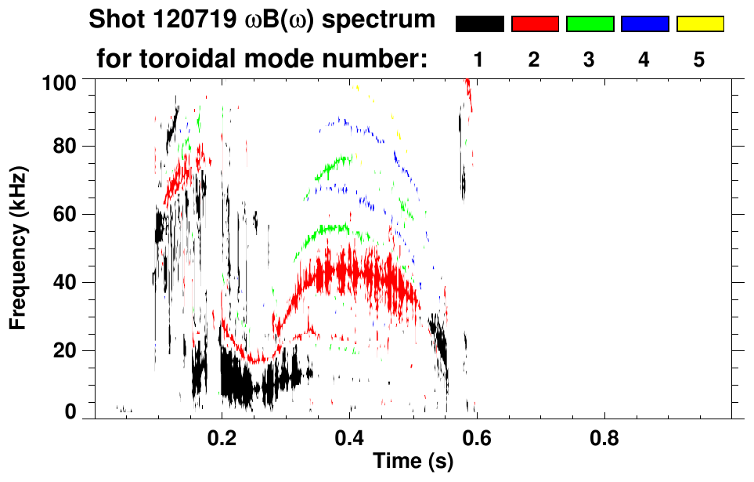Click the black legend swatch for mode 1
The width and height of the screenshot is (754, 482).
tap(479, 24)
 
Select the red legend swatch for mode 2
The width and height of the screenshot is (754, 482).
tap(535, 24)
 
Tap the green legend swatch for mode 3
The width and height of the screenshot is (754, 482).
tap(590, 24)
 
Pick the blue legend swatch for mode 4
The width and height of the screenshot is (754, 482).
tap(644, 24)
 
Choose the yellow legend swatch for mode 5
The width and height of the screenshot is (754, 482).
tap(700, 24)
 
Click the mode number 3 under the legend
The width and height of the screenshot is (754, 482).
tap(590, 60)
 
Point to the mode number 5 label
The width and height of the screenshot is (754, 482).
tap(700, 60)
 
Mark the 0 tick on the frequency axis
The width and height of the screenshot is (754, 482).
tap(70, 412)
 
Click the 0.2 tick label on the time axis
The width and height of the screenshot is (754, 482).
tap(222, 439)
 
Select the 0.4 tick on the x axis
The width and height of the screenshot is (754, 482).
tap(350, 439)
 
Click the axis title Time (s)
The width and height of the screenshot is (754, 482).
tap(413, 462)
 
